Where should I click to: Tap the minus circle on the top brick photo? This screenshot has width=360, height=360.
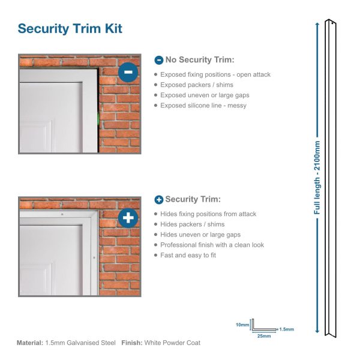coord(128,72)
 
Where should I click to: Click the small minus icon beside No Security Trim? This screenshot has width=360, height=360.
coord(158,60)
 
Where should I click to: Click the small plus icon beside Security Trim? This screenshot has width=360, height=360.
coord(158,199)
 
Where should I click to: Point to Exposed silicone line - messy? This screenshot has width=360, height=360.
coord(203,106)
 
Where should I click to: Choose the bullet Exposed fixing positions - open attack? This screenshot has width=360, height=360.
coord(215,74)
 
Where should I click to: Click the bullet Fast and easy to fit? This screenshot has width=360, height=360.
coord(188,255)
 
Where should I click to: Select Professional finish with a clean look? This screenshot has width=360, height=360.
coord(212,245)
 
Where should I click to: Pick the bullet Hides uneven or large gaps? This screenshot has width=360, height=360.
coord(200,235)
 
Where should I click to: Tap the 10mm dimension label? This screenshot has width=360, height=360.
coord(242,325)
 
